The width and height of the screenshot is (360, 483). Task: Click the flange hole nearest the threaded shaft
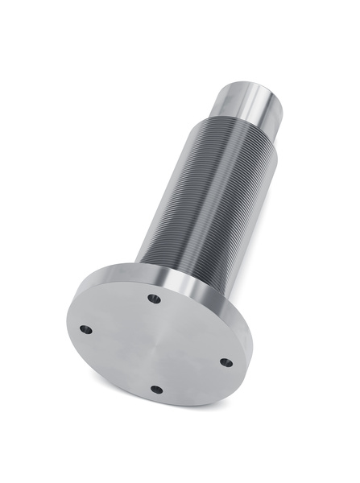coord(154,299)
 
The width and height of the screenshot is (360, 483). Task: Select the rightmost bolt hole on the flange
coord(226,362)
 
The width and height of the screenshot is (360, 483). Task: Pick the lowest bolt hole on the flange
coord(157,390)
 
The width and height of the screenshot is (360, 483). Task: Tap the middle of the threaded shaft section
coord(206,193)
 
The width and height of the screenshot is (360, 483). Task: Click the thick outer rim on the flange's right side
coord(242,322)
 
